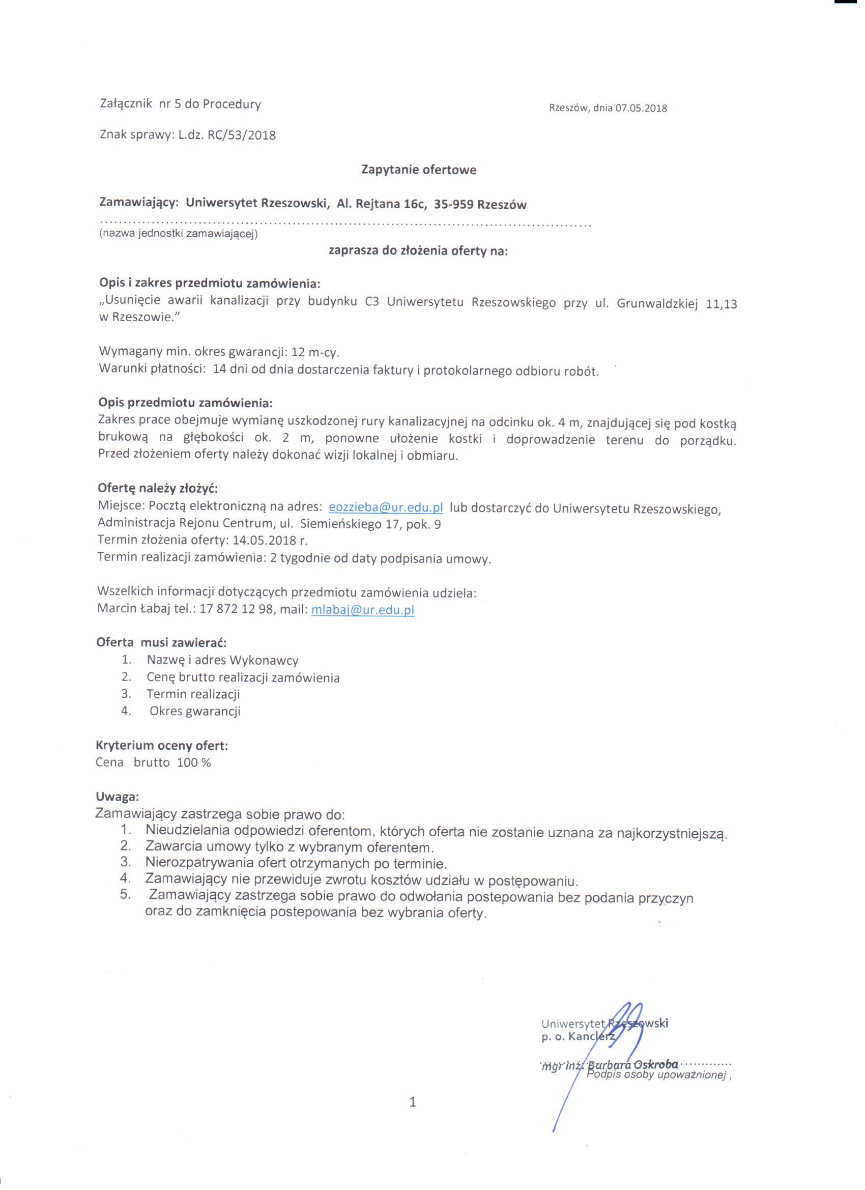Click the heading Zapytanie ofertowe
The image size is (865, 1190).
419,170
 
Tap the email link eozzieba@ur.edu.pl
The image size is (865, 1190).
386,507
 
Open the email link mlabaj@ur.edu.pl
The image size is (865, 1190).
362,610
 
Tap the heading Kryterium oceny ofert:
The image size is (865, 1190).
162,745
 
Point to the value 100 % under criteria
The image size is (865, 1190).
194,762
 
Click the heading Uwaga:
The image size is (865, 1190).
117,797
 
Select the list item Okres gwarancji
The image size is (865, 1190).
194,712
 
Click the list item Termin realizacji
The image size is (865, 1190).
193,694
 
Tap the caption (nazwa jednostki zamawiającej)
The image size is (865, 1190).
179,234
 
